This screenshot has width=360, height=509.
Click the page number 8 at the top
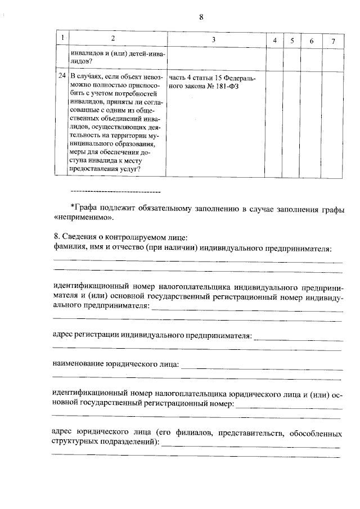(201, 16)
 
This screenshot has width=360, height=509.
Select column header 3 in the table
(214, 39)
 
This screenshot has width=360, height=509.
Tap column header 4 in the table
(274, 41)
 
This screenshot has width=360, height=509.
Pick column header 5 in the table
(292, 41)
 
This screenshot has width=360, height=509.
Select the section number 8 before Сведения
(53, 237)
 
